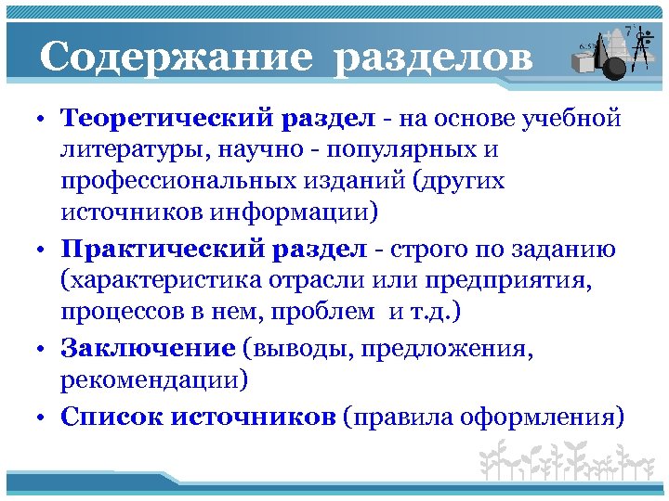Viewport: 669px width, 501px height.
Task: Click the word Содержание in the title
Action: click(x=176, y=58)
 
